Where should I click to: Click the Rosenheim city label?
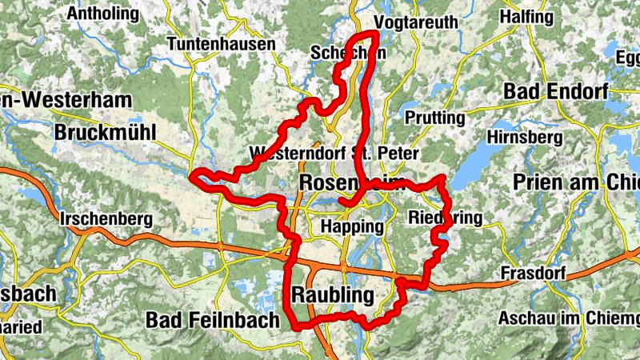353,183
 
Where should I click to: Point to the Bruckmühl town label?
106,132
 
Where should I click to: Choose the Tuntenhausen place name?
222,45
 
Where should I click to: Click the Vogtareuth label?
416,23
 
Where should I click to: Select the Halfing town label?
526,17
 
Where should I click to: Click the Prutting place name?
435,118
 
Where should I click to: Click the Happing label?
351,226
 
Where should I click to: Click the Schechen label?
348,54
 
